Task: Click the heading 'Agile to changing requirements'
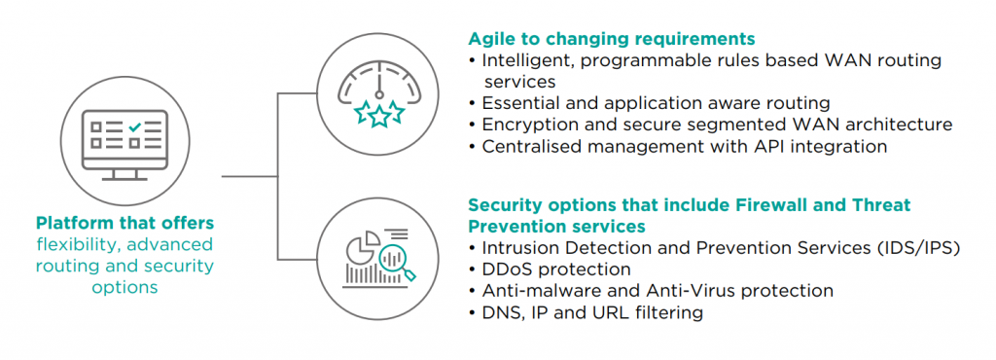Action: pyautogui.click(x=612, y=39)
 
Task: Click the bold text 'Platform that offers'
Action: pyautogui.click(x=124, y=224)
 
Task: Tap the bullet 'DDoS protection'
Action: pyautogui.click(x=550, y=270)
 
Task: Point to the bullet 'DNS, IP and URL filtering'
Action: pyautogui.click(x=586, y=312)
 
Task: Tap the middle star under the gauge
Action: pyautogui.click(x=379, y=115)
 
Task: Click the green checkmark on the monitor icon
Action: pyautogui.click(x=134, y=127)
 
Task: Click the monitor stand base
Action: pyautogui.click(x=124, y=178)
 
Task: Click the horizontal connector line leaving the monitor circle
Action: pyautogui.click(x=250, y=176)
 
